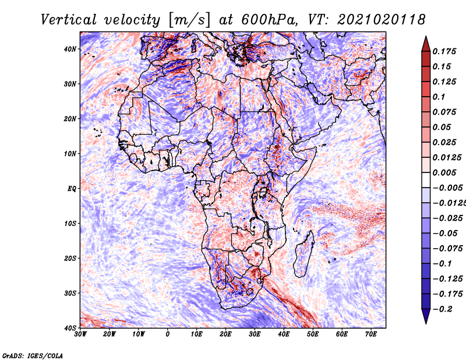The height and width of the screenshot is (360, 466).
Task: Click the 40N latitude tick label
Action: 70,49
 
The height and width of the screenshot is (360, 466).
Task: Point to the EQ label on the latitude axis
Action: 72,189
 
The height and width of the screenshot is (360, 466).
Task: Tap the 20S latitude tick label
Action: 70,258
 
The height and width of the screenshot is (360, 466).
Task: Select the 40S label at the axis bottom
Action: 70,328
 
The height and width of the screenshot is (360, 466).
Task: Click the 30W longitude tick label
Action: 80,334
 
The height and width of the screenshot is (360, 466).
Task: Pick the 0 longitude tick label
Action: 168,334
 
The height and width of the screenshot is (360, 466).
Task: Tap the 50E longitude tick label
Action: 313,334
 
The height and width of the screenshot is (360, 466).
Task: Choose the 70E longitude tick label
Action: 370,334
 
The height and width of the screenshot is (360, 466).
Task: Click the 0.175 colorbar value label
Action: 444,51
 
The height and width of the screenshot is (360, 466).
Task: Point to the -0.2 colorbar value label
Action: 443,309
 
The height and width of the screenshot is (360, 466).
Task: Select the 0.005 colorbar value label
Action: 444,172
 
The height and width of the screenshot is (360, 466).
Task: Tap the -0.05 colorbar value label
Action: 444,234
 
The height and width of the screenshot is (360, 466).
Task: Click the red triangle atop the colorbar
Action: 426,44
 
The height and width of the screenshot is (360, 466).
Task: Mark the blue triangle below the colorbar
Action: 426,316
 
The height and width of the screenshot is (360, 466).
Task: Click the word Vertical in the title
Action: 69,20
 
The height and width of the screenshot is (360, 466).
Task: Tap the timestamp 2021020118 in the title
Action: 381,20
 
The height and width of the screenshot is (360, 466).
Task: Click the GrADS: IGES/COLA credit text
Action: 33,356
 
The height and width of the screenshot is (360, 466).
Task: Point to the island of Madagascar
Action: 304,253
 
